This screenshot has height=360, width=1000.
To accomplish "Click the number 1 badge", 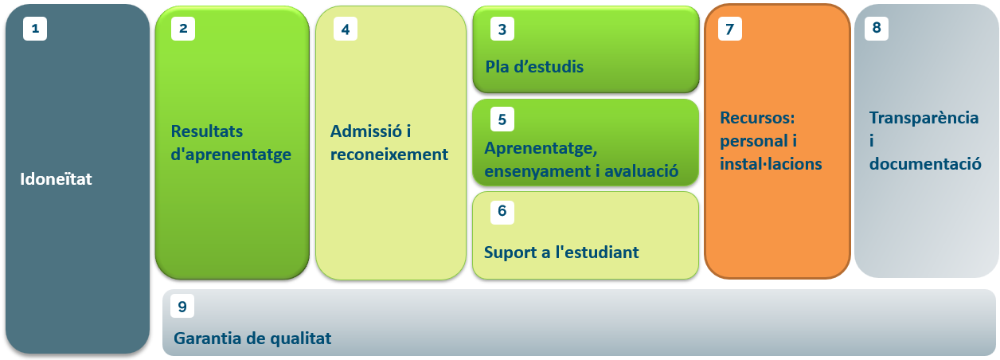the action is click(x=35, y=29).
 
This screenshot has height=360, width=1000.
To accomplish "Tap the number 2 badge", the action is click(x=183, y=29).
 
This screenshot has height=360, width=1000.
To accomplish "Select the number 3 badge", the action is click(x=502, y=29).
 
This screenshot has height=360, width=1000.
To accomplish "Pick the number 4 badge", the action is click(x=346, y=29).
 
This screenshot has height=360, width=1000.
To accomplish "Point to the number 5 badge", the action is click(x=502, y=119).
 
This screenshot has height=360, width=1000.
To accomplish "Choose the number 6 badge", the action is click(x=502, y=211).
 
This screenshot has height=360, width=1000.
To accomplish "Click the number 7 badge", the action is click(x=730, y=29).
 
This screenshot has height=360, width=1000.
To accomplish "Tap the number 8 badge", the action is click(x=877, y=28).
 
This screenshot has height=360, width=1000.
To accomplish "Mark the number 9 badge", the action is click(x=182, y=306).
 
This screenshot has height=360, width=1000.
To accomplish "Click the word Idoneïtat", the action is click(x=56, y=178).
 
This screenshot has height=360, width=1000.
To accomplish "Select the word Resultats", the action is click(x=207, y=131).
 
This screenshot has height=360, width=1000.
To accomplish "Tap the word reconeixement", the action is click(x=389, y=154).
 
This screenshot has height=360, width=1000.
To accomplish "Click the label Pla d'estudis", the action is click(x=534, y=67).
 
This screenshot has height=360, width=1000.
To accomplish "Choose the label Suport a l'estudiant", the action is click(x=561, y=252).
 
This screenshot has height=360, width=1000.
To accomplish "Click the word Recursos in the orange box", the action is click(x=757, y=117).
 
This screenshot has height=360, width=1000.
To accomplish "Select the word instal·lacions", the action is click(x=771, y=164).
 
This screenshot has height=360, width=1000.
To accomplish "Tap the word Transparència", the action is click(x=924, y=117).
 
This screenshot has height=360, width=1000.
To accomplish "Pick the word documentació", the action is click(x=925, y=164).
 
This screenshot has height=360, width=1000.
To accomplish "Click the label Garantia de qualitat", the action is click(x=252, y=338).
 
